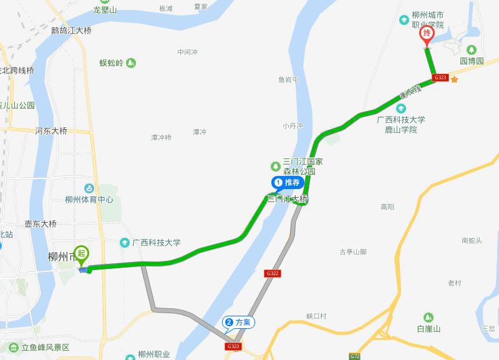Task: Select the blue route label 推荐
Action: point(288,183)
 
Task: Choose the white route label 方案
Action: point(239,323)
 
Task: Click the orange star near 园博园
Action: point(455,79)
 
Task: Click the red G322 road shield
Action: point(272,273)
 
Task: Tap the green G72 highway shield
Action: point(354,356)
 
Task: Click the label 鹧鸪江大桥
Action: point(71,30)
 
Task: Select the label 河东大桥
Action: point(51,131)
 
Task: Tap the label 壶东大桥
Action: point(41,224)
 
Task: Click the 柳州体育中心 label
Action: point(89,200)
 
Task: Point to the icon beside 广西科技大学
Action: point(125,242)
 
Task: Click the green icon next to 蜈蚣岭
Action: point(131,62)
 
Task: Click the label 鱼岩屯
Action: point(288,80)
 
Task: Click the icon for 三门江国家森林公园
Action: point(275,166)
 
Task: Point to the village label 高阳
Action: point(387,207)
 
